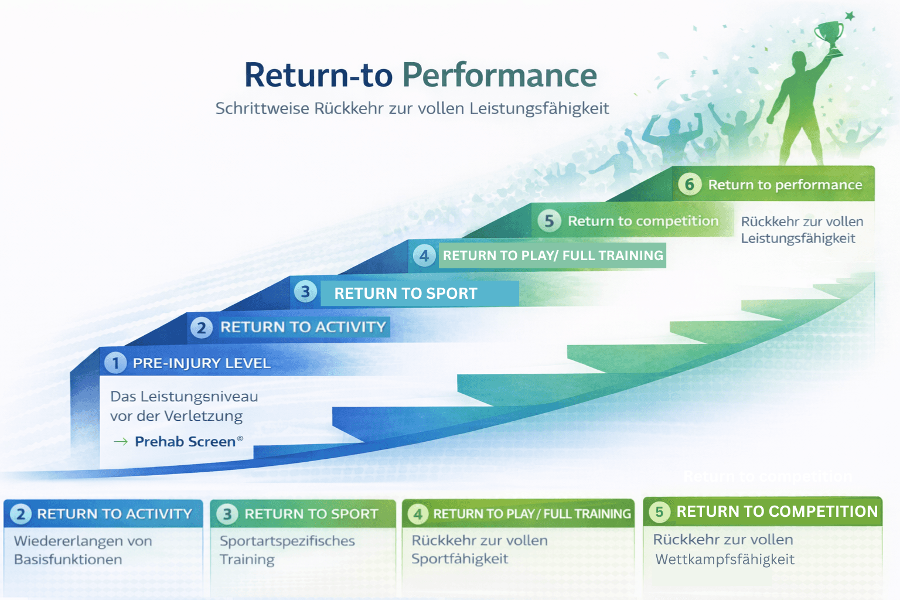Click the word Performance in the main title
pyautogui.click(x=499, y=75)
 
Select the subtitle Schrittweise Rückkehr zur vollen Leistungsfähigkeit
pyautogui.click(x=412, y=108)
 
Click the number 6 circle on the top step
pyautogui.click(x=690, y=185)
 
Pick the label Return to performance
pyautogui.click(x=785, y=185)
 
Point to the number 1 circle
pyautogui.click(x=115, y=363)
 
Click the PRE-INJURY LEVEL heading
pyautogui.click(x=202, y=363)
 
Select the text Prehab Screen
pyautogui.click(x=185, y=441)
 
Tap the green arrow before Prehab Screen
pyautogui.click(x=121, y=442)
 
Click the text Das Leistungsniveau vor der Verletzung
pyautogui.click(x=184, y=406)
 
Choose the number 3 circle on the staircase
pyautogui.click(x=305, y=292)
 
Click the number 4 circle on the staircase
pyautogui.click(x=424, y=255)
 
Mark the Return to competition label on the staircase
pyautogui.click(x=643, y=221)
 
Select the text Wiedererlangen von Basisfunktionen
pyautogui.click(x=83, y=550)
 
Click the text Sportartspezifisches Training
pyautogui.click(x=287, y=550)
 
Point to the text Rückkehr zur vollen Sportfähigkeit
pyautogui.click(x=479, y=549)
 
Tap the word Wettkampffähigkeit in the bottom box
pyautogui.click(x=725, y=560)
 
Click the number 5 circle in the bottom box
pyautogui.click(x=659, y=512)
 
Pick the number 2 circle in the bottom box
pyautogui.click(x=21, y=514)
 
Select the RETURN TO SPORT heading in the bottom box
pyautogui.click(x=311, y=514)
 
